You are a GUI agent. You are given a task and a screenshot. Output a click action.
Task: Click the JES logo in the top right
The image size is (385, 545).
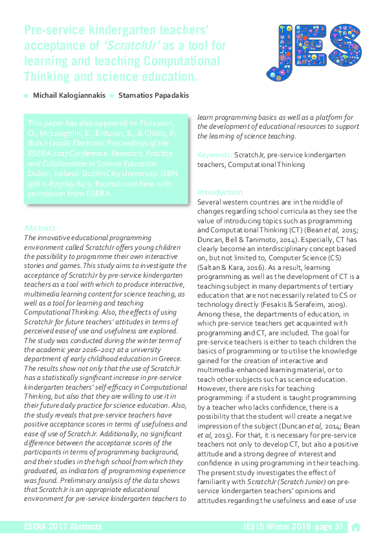pos(314,52)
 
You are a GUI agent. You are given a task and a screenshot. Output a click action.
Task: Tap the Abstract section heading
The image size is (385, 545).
pos(39,228)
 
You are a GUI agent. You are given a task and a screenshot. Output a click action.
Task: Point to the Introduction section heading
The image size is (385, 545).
pos(220,192)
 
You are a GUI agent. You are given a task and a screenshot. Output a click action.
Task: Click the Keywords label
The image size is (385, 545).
pos(214,155)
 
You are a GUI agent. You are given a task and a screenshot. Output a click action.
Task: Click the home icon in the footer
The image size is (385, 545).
pos(355,527)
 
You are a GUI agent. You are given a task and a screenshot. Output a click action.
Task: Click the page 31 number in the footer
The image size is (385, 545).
pos(329,527)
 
